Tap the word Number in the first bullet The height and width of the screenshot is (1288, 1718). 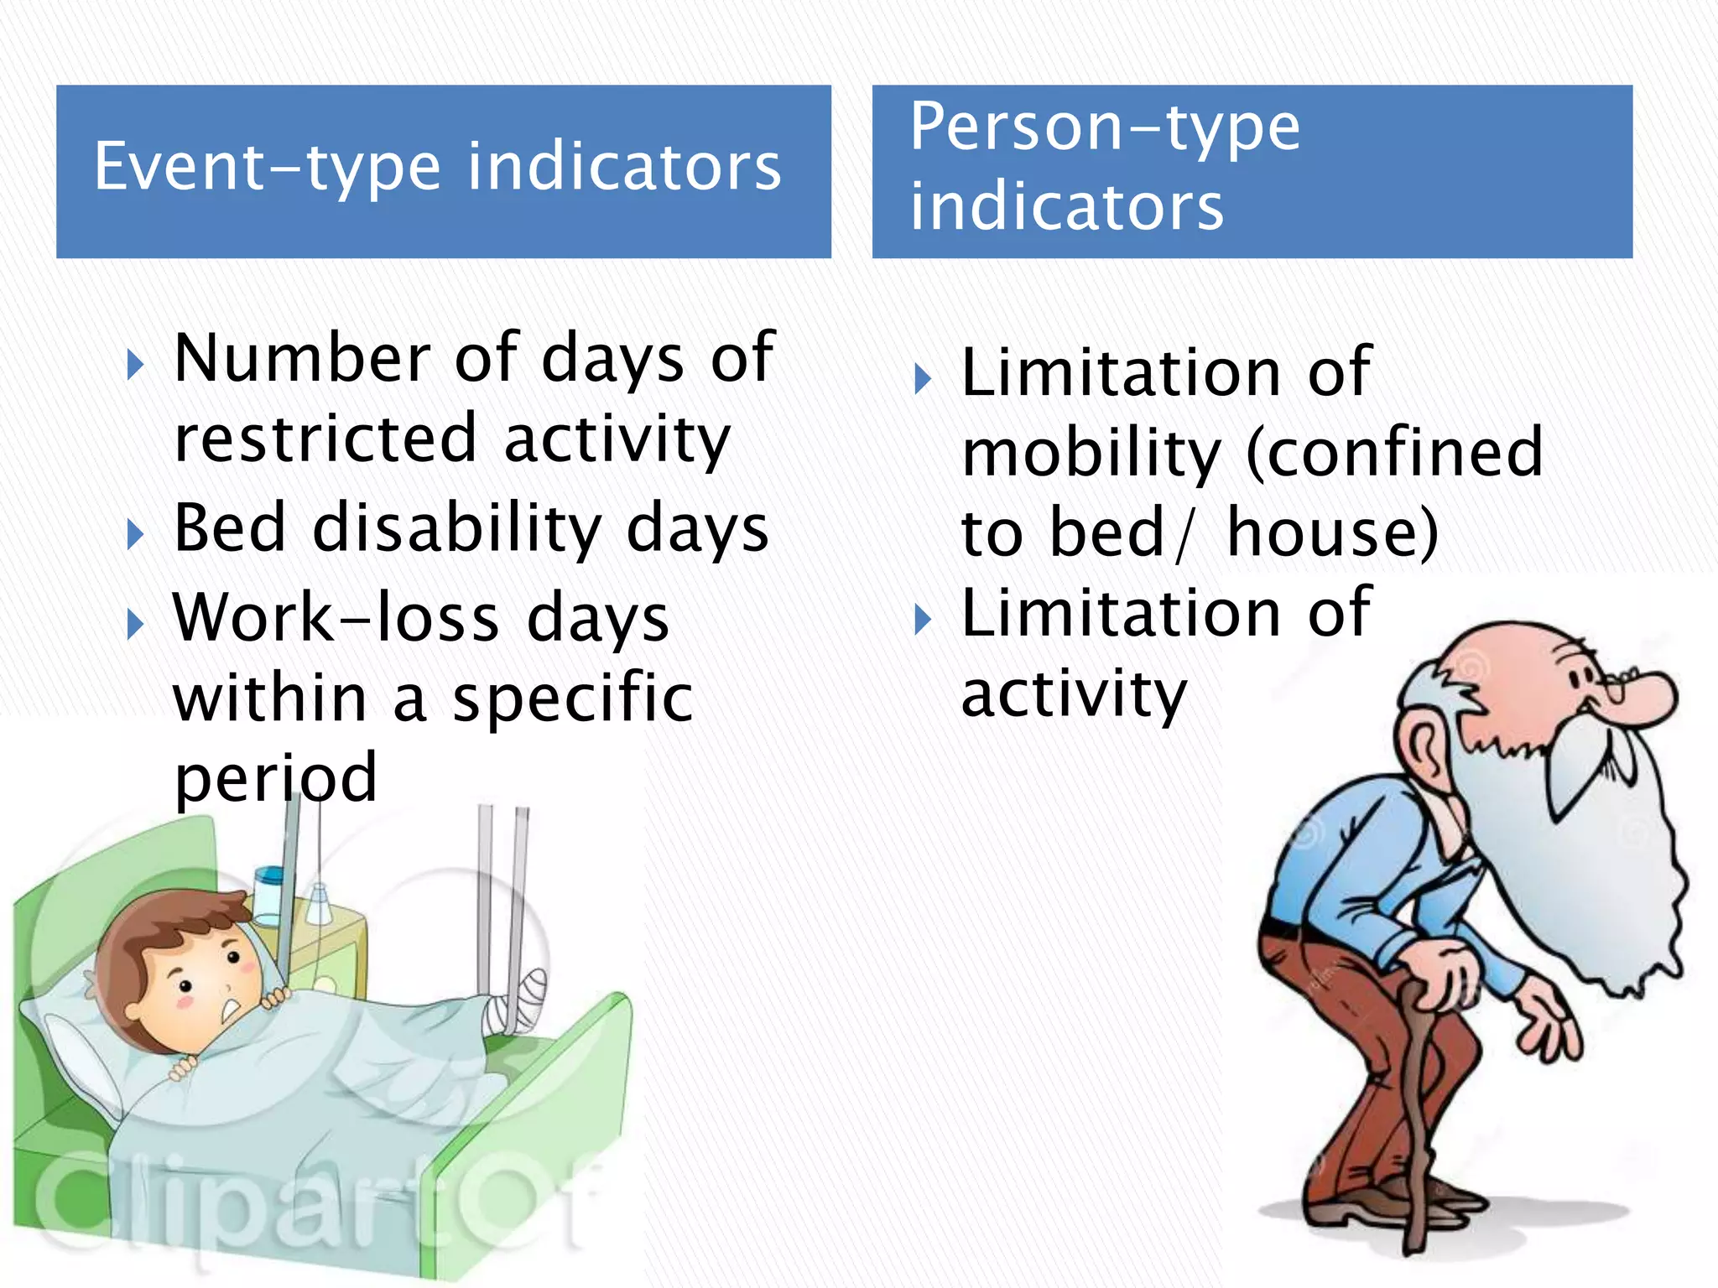[x=302, y=358]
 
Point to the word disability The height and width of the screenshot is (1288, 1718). [x=457, y=529]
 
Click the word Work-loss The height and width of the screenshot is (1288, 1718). [x=336, y=618]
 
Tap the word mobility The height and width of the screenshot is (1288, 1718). [x=1091, y=454]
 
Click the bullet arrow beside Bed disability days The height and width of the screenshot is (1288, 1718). [x=135, y=534]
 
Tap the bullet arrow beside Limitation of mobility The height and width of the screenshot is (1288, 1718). [x=923, y=379]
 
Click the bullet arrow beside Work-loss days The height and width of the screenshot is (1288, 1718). [x=135, y=624]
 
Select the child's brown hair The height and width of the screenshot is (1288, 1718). [x=168, y=931]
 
